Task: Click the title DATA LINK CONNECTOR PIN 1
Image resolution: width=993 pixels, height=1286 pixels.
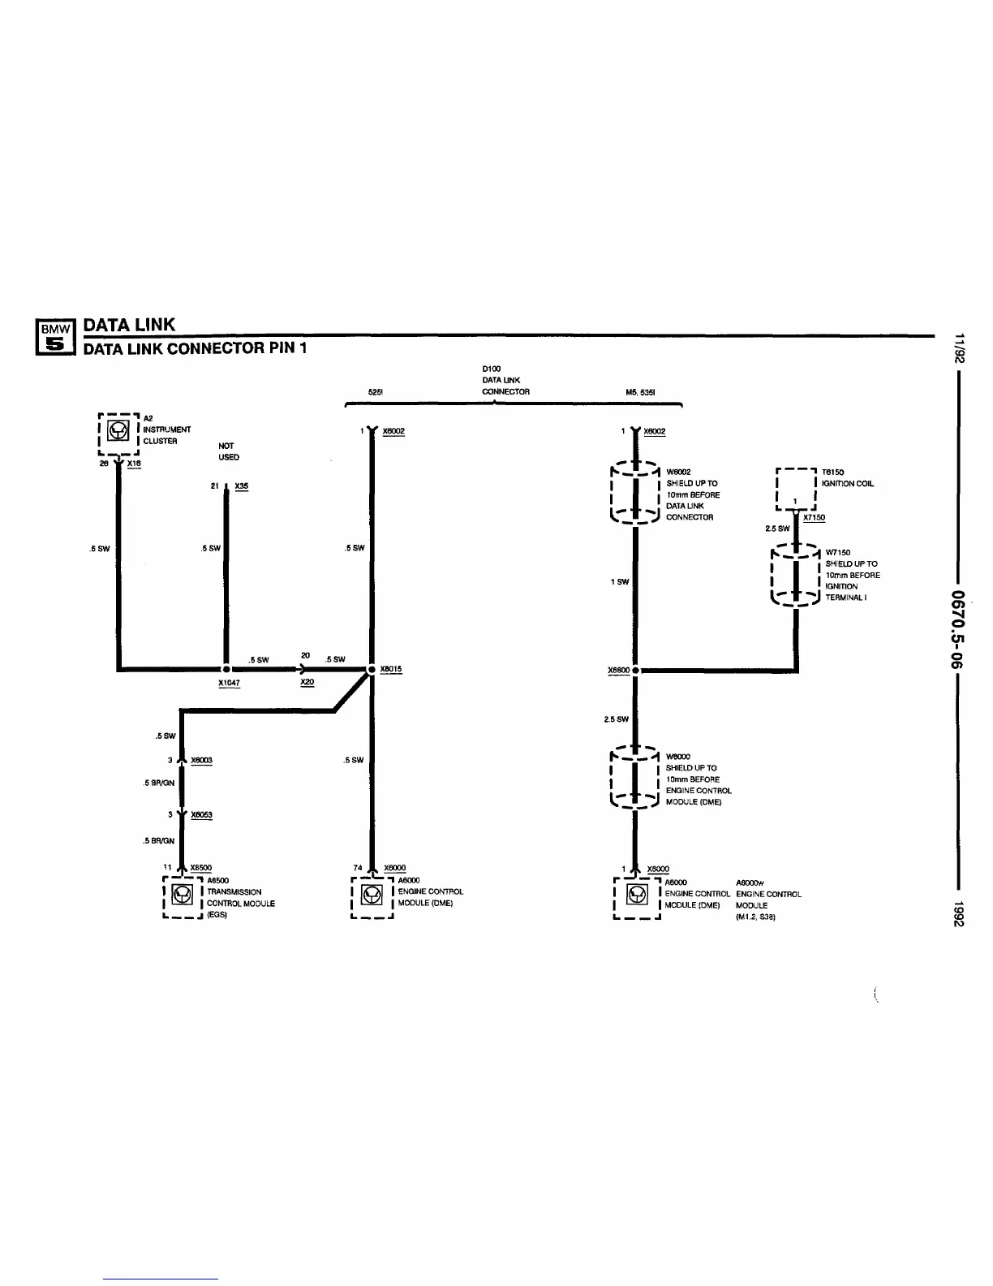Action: click(196, 348)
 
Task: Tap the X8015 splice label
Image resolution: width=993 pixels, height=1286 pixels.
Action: click(390, 669)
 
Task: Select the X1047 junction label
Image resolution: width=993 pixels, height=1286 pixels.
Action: click(229, 683)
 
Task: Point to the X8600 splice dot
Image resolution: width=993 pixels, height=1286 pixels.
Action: click(636, 671)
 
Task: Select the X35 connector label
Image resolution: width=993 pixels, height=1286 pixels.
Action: click(241, 486)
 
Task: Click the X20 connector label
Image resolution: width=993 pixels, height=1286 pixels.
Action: click(307, 682)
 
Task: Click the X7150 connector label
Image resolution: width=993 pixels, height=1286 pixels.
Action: click(814, 517)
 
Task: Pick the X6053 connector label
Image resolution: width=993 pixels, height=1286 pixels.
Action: click(201, 814)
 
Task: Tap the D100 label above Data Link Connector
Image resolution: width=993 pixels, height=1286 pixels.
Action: click(491, 369)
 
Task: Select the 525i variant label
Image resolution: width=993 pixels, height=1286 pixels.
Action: click(375, 392)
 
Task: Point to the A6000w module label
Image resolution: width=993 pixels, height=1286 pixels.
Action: click(750, 883)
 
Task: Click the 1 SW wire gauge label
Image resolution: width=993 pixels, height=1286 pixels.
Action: click(620, 581)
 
